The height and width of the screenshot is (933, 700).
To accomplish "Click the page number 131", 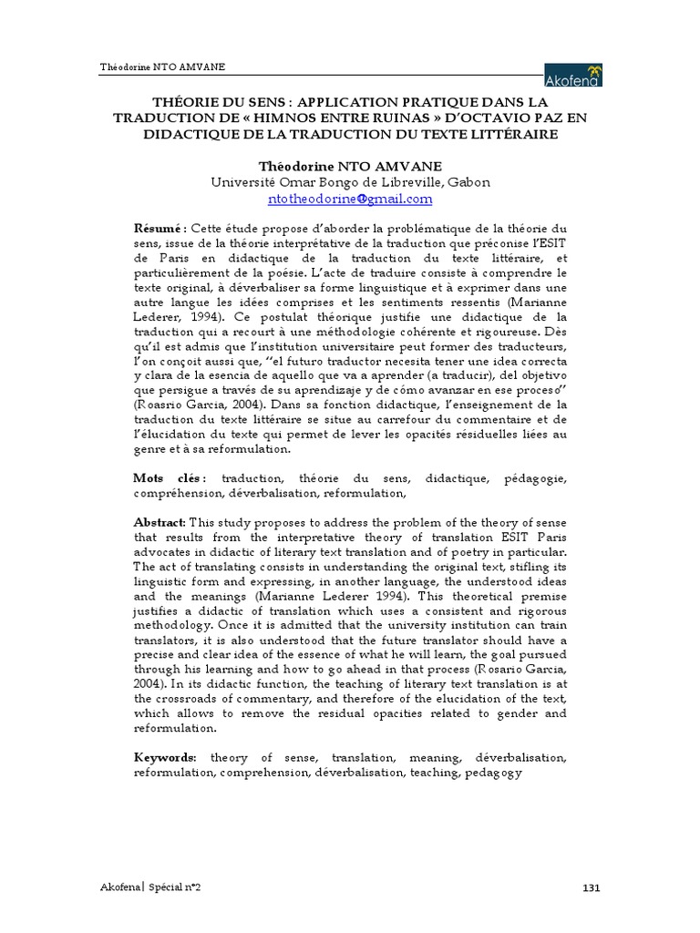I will [x=592, y=887].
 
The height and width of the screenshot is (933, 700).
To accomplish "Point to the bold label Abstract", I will [x=160, y=522].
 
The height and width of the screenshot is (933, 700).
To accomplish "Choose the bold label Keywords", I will [x=165, y=758].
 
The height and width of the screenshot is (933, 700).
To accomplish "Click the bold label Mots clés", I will [x=169, y=478].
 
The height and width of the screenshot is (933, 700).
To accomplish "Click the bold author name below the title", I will [x=350, y=166].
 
